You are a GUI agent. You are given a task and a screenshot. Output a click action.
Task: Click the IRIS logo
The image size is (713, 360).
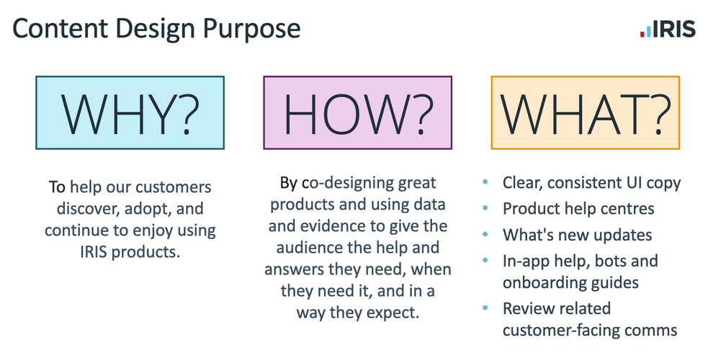[x=668, y=29]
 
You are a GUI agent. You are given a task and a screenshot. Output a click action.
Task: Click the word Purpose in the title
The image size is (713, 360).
[x=252, y=29]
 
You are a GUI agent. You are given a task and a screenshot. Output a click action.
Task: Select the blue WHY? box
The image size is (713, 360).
[x=130, y=113]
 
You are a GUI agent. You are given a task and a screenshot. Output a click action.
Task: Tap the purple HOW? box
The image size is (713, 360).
[x=357, y=113]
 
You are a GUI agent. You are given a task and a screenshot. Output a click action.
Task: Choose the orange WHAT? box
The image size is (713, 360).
[x=586, y=113]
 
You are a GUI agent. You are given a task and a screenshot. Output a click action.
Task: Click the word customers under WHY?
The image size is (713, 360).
[x=174, y=187]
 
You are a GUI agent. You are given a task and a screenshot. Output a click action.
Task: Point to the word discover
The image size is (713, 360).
[x=88, y=209]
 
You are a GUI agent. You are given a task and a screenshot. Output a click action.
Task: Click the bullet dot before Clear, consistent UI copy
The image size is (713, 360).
[x=485, y=183]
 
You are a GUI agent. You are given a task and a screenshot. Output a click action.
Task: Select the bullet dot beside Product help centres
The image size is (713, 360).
[x=485, y=209]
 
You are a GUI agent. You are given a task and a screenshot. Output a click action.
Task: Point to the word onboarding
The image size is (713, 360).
[x=544, y=283]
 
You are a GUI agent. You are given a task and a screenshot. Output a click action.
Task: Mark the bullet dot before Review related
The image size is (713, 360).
[x=485, y=308]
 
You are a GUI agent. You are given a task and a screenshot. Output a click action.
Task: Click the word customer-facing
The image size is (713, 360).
[x=561, y=330]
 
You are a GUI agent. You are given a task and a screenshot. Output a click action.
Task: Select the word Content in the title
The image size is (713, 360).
[x=60, y=28]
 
